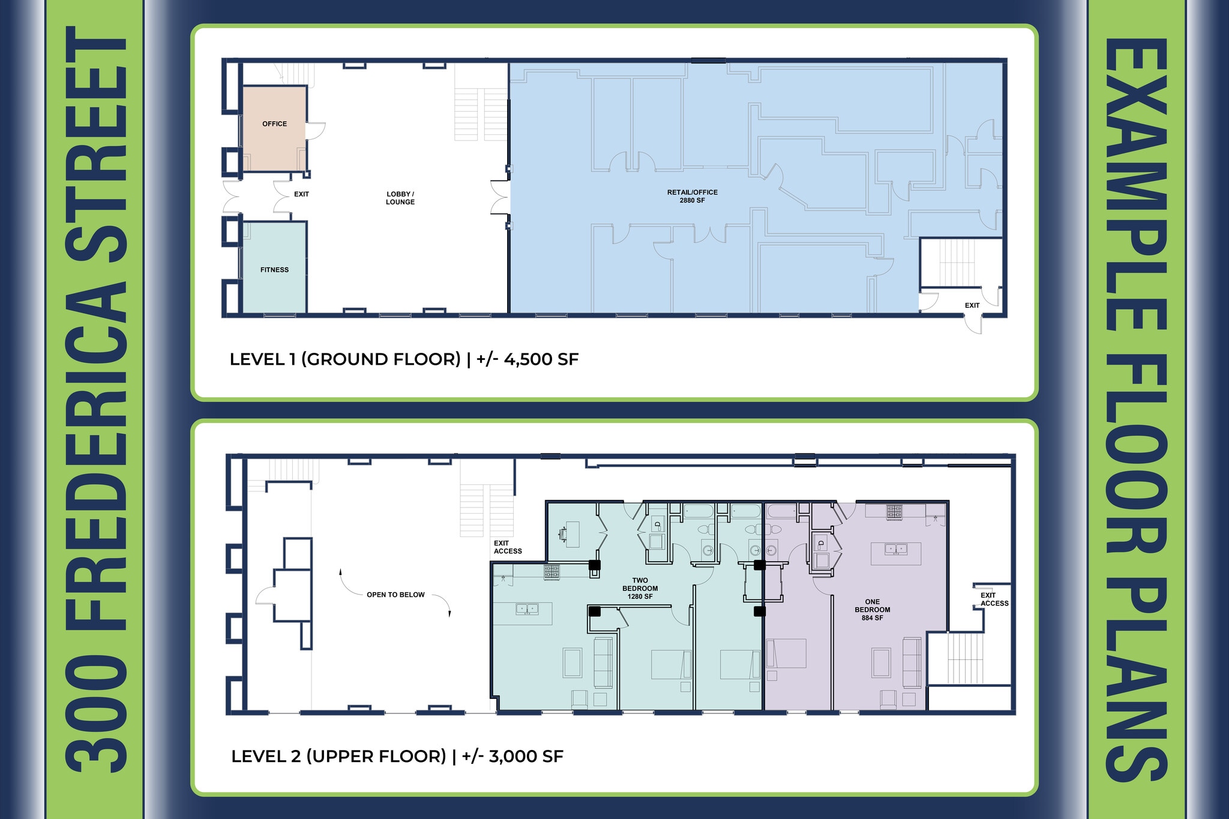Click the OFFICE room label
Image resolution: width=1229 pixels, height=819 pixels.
(274, 124)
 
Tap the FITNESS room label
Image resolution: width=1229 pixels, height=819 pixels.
(274, 270)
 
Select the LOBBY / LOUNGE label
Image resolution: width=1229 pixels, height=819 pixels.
(400, 198)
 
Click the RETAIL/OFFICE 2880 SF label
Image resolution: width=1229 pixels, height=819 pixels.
(692, 196)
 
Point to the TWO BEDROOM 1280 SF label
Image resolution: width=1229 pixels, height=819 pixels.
(640, 589)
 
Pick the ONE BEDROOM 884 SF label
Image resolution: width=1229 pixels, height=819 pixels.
(872, 610)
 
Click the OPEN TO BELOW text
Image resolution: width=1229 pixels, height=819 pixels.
(395, 595)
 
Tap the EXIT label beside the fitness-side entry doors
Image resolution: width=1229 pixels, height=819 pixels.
(301, 194)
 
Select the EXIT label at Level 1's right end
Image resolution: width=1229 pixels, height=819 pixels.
(972, 305)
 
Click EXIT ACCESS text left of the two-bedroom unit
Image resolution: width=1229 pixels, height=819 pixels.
(507, 547)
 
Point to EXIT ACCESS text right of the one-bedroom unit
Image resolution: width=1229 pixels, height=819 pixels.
(994, 599)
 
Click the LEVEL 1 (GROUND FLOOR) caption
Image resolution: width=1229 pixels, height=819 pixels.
(345, 359)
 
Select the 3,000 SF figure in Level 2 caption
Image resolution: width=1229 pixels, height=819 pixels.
(526, 757)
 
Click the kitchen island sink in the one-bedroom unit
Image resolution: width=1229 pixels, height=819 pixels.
(895, 549)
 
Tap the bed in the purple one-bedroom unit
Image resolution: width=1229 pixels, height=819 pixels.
(786, 653)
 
